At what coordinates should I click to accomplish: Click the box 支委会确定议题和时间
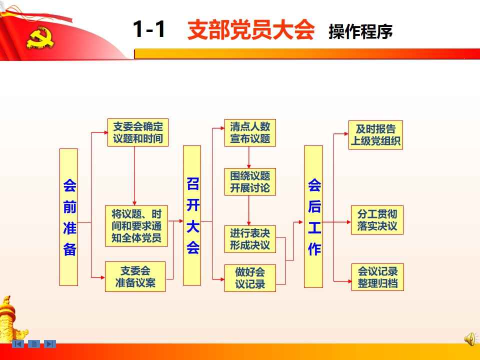pyautogui.click(x=138, y=132)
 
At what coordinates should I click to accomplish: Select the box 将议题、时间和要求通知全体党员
pyautogui.click(x=136, y=226)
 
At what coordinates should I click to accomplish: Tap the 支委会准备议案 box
pyautogui.click(x=135, y=276)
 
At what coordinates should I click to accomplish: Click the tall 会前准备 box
pyautogui.click(x=68, y=217)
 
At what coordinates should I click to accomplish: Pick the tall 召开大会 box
pyautogui.click(x=192, y=215)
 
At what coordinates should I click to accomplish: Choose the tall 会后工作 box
pyautogui.click(x=313, y=216)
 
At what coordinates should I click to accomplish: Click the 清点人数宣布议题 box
pyautogui.click(x=250, y=132)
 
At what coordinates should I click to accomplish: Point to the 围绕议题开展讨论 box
pyautogui.click(x=250, y=181)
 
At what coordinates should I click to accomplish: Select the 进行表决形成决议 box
pyautogui.click(x=250, y=239)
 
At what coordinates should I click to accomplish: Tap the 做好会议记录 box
pyautogui.click(x=250, y=278)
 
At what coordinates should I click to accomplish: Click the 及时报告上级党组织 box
pyautogui.click(x=375, y=134)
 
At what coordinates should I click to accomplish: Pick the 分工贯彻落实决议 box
pyautogui.click(x=377, y=220)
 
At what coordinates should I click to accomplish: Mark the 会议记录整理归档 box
pyautogui.click(x=377, y=277)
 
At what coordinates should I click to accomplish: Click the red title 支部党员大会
pyautogui.click(x=251, y=30)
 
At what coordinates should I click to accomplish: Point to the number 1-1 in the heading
pyautogui.click(x=149, y=29)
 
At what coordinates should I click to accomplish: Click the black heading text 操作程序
pyautogui.click(x=360, y=32)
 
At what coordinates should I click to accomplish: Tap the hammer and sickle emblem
pyautogui.click(x=40, y=37)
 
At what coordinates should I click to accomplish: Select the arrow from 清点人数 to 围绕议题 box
pyautogui.click(x=249, y=157)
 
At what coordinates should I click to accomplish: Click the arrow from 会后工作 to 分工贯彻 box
pyautogui.click(x=336, y=222)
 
